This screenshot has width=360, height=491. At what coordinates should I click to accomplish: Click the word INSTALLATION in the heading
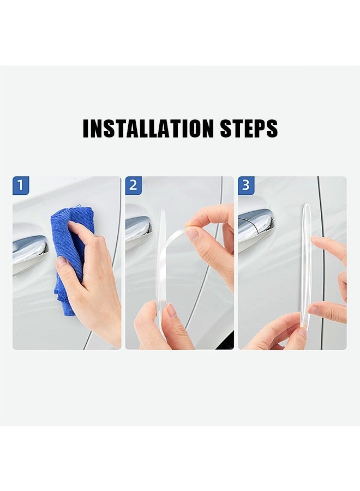pos(148,128)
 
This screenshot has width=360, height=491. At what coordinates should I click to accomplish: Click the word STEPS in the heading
pos(249,128)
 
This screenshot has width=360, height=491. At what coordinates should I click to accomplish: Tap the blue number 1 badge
pos(21,185)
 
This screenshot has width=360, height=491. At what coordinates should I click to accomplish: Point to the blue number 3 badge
pos(246,185)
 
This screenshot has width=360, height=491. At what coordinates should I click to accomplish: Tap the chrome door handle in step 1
pos(29,251)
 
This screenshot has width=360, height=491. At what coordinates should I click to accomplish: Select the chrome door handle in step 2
pos(137,229)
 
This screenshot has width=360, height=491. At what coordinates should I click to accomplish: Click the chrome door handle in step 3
pos(255,224)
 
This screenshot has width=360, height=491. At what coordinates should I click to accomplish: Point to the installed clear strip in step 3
pos(306,262)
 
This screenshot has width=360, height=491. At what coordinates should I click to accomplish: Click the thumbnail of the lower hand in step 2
pos(171,312)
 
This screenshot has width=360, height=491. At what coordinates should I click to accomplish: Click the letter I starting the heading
pos(86,128)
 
